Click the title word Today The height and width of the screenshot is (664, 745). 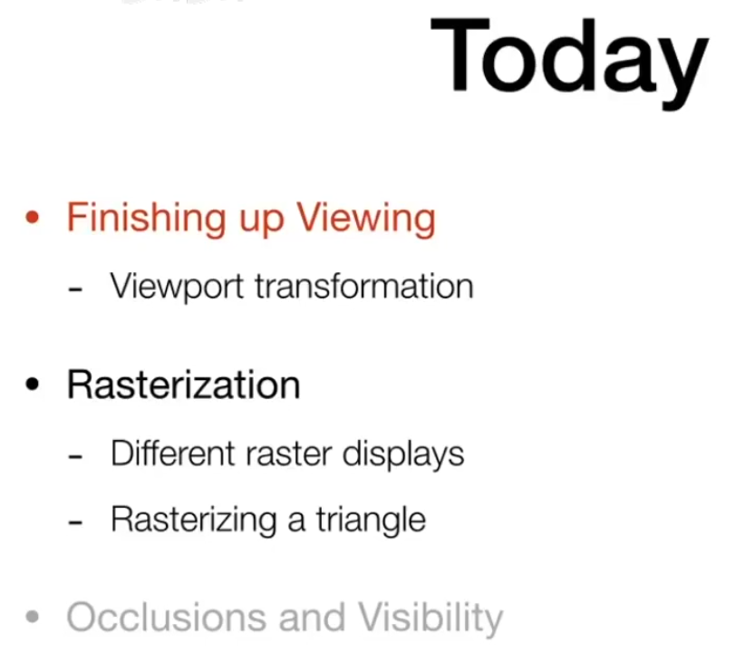[x=570, y=63]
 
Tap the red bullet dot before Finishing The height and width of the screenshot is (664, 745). [x=32, y=218]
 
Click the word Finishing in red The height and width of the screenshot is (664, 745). [x=146, y=219]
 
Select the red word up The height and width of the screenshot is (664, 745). [x=261, y=222]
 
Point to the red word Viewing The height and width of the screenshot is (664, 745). [x=366, y=219]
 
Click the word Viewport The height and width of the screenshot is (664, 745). [x=177, y=287]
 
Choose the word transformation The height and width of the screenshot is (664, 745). [x=364, y=286]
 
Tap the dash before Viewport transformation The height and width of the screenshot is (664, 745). [x=75, y=288]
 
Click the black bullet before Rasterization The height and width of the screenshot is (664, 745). [x=32, y=384]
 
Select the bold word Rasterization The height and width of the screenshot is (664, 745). [x=183, y=385]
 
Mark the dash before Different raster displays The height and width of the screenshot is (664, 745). [x=75, y=456]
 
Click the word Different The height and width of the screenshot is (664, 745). [x=173, y=453]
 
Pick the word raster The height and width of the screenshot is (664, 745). [x=289, y=454]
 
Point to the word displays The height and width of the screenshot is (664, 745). [x=403, y=454]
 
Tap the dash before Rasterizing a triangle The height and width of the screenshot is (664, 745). [x=75, y=522]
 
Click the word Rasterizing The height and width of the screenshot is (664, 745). [x=194, y=521]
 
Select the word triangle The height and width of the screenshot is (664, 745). [x=371, y=521]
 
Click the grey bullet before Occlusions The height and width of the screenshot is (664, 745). [x=32, y=617]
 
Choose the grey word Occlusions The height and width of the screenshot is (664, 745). [x=167, y=618]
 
